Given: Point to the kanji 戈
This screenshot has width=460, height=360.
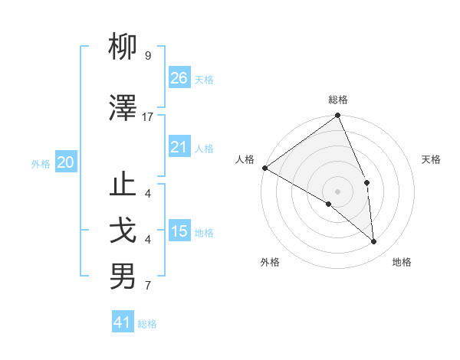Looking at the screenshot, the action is click(x=123, y=231).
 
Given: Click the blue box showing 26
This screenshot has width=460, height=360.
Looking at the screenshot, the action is click(x=179, y=78).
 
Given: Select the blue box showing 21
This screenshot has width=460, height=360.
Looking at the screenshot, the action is click(x=179, y=147).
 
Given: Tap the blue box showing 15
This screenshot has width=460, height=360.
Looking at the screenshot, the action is click(x=179, y=231).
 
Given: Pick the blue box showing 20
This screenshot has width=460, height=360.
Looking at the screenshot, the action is click(x=66, y=162).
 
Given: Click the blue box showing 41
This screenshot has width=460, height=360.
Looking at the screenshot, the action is click(x=123, y=322).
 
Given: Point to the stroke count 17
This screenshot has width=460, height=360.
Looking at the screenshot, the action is click(x=148, y=116).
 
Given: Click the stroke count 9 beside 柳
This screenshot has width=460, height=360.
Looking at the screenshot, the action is click(x=148, y=56).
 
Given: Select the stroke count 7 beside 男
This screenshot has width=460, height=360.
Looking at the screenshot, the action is click(x=148, y=286).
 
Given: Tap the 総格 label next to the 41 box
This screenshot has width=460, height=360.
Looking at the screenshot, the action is click(x=147, y=324).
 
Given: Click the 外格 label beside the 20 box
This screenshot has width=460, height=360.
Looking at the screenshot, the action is click(x=41, y=163).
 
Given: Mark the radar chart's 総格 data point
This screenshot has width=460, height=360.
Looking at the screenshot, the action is click(x=337, y=116).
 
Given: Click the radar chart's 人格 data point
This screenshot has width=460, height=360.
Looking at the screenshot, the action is click(x=264, y=168).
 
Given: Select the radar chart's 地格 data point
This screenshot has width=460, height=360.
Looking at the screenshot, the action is click(x=373, y=241).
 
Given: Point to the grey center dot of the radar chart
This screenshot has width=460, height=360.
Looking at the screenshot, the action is click(x=337, y=191).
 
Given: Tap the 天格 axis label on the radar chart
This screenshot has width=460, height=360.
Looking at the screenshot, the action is click(x=431, y=159).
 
